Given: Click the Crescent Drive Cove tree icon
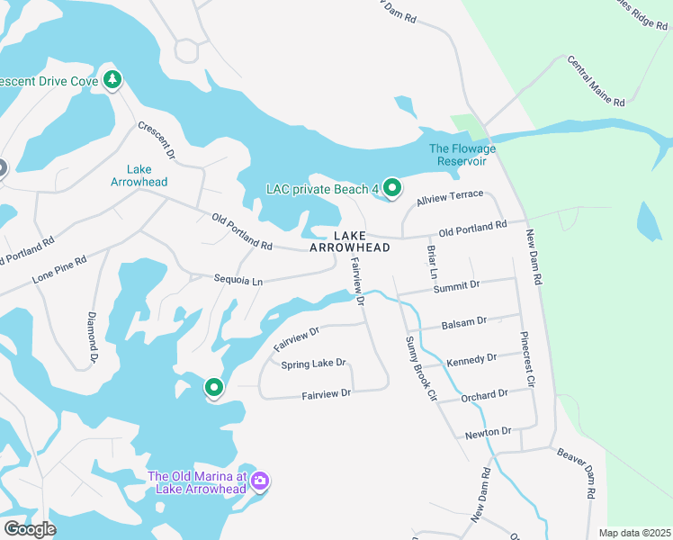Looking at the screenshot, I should click(112, 80).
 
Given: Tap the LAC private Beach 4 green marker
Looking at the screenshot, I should click(392, 188).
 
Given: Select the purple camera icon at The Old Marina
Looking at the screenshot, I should click(260, 481).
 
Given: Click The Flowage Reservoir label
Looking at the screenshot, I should click(457, 155).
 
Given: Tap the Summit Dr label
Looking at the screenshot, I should click(456, 285).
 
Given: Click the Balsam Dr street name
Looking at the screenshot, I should click(464, 321).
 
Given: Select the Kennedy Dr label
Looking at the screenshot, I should click(471, 359).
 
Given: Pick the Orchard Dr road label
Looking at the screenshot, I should click(484, 395).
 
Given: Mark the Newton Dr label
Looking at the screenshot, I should click(489, 433).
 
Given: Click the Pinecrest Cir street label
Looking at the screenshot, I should click(527, 360).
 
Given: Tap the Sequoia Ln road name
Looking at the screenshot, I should click(238, 281).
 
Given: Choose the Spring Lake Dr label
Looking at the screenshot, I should click(313, 364).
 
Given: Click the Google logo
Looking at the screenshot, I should click(29, 528).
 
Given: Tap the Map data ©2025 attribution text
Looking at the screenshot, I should click(634, 533).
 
